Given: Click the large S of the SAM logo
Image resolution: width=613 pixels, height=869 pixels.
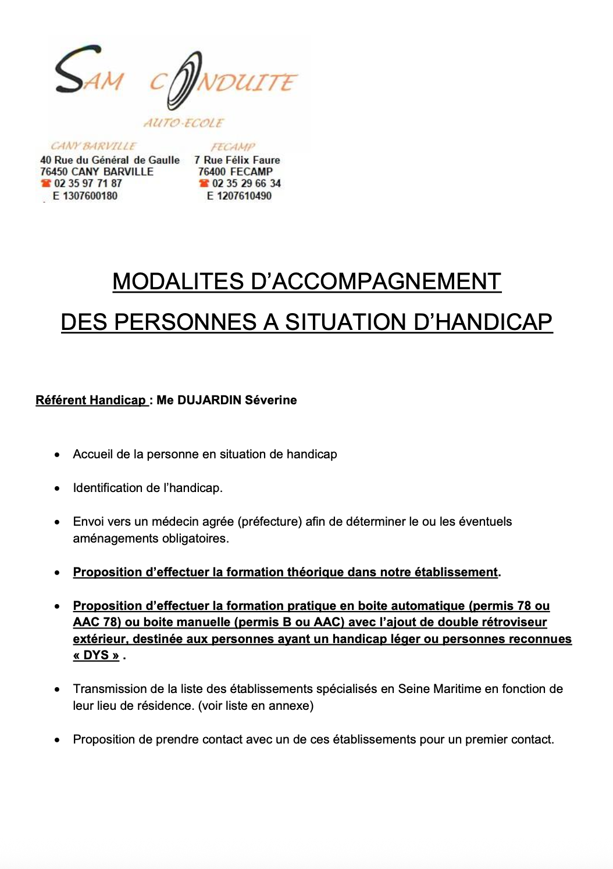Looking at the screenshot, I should coord(70,70).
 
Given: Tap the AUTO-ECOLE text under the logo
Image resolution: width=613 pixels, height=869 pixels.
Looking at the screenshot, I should coord(183,123).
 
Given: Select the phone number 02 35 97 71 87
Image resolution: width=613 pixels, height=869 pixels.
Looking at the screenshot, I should coord(88,183).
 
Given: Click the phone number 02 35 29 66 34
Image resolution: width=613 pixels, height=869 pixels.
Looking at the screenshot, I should coord(246,183).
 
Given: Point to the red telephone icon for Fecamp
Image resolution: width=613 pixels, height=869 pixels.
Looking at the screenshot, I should coord(204,183).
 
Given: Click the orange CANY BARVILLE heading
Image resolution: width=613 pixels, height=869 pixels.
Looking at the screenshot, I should coord(93,146).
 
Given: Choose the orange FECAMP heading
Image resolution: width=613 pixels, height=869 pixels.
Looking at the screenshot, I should coord(233,146).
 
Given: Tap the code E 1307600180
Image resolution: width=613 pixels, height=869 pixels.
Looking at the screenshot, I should coord(85,196).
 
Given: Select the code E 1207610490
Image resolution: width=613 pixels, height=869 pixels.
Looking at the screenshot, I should coord(239,196).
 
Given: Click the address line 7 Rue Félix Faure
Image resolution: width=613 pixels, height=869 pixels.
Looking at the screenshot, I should coord(237,160).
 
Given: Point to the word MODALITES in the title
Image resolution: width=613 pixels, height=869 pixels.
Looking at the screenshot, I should coord(178,282).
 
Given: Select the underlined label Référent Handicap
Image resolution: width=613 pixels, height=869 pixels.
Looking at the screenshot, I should coord(91,400).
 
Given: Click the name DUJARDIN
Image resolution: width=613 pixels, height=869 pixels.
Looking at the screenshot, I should coord(209,400).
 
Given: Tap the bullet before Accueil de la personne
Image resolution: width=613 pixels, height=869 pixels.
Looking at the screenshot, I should coord(57,455).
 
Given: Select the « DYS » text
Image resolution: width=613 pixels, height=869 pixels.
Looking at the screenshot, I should coord(96,655).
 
